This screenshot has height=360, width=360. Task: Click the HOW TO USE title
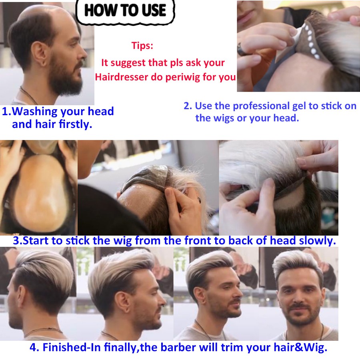(125, 10)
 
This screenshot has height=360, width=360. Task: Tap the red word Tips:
(142, 46)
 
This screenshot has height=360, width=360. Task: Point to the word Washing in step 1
(35, 111)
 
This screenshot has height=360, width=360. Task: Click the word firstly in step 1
(75, 124)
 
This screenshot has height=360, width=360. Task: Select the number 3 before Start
(16, 241)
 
